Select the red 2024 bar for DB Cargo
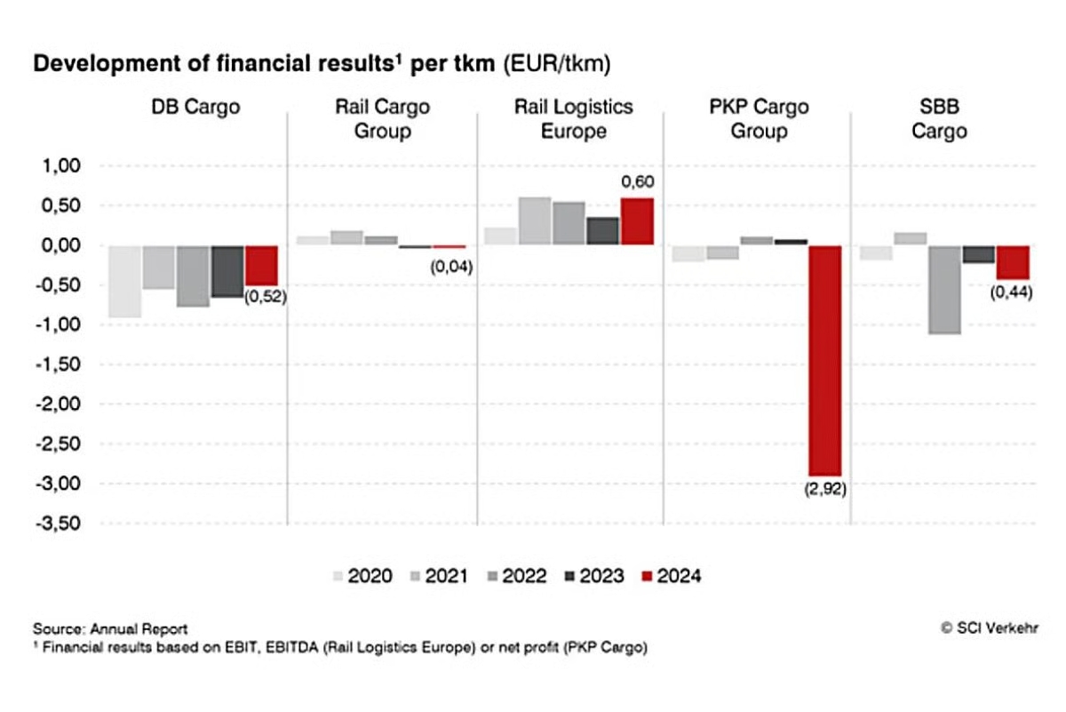coord(261,265)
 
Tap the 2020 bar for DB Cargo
coord(125,281)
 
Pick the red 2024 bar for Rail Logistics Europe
coord(637,221)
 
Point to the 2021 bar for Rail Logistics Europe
coord(535,221)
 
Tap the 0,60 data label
coord(637,182)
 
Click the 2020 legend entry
coord(362,576)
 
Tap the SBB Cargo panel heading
coord(943,119)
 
